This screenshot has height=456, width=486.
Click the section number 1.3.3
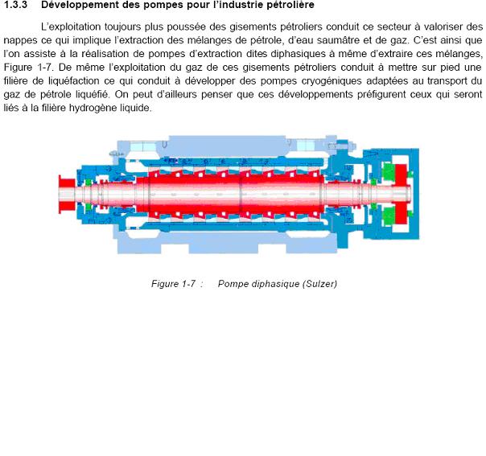click(x=16, y=6)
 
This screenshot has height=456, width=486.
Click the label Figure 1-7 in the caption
click(x=173, y=284)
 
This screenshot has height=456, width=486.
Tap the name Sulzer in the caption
click(x=318, y=284)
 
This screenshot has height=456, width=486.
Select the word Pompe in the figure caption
click(x=233, y=284)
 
